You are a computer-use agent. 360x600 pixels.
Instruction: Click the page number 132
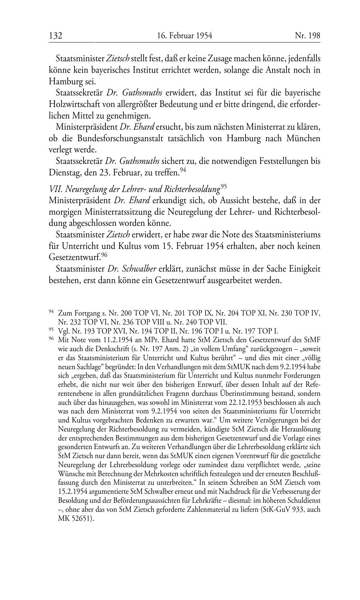pos(56,36)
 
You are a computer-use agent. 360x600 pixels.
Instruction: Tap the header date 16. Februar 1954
pos(184,36)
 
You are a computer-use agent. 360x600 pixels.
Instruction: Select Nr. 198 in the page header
pos(307,36)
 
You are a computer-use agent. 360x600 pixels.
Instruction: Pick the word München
pos(303,139)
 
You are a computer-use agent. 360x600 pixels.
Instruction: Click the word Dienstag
pos(63,173)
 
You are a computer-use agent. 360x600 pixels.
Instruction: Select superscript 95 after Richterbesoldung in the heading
pos(223,187)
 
